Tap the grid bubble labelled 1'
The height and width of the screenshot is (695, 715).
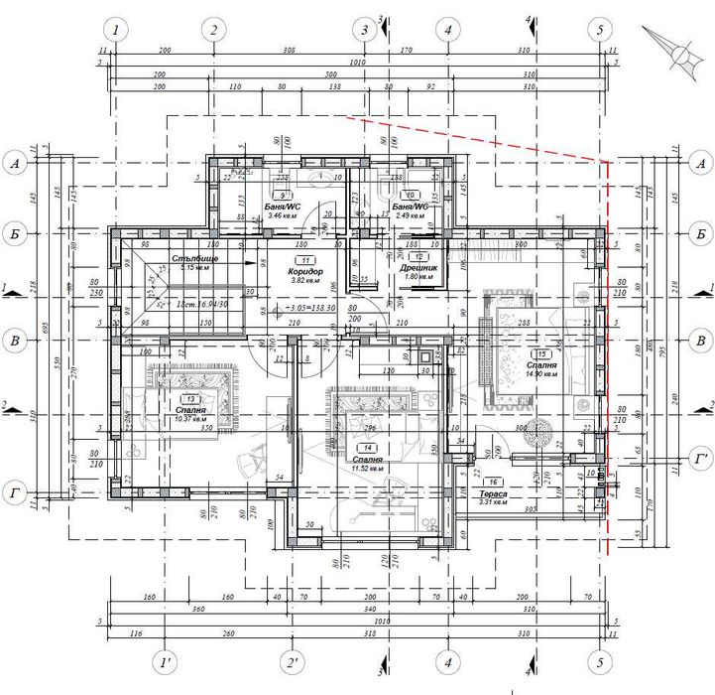click(164, 661)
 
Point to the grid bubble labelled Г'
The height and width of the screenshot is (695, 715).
click(700, 459)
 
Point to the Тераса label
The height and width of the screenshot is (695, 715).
click(494, 493)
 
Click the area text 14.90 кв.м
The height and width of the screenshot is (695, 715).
click(542, 374)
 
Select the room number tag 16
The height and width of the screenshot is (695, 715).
click(495, 482)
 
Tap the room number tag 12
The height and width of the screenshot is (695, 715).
click(420, 256)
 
